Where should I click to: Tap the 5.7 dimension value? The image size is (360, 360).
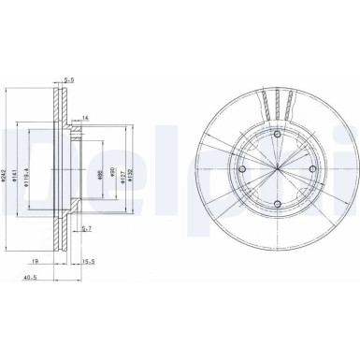pyautogui.click(x=85, y=227)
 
